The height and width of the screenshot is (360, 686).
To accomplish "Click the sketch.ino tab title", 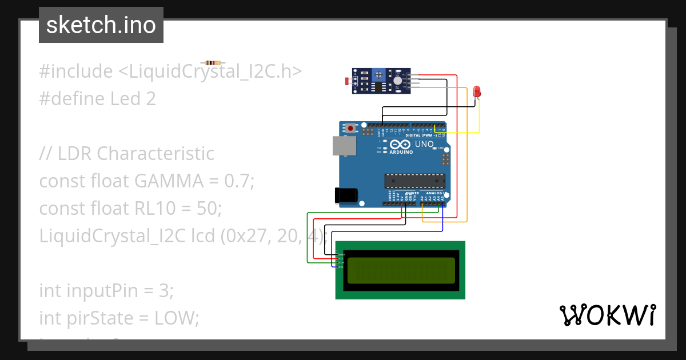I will click(x=101, y=25).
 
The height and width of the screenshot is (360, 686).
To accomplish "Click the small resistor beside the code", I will click(x=213, y=62).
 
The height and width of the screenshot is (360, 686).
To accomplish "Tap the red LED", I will click(x=477, y=91).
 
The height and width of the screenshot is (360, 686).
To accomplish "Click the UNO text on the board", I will click(x=424, y=145).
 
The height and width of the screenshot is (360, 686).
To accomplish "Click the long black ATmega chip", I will click(x=414, y=181).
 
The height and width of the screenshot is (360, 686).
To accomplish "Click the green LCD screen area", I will click(x=401, y=270).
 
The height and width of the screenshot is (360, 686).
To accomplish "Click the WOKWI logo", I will click(x=607, y=315).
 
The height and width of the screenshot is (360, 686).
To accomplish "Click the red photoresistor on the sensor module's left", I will click(x=347, y=82).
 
